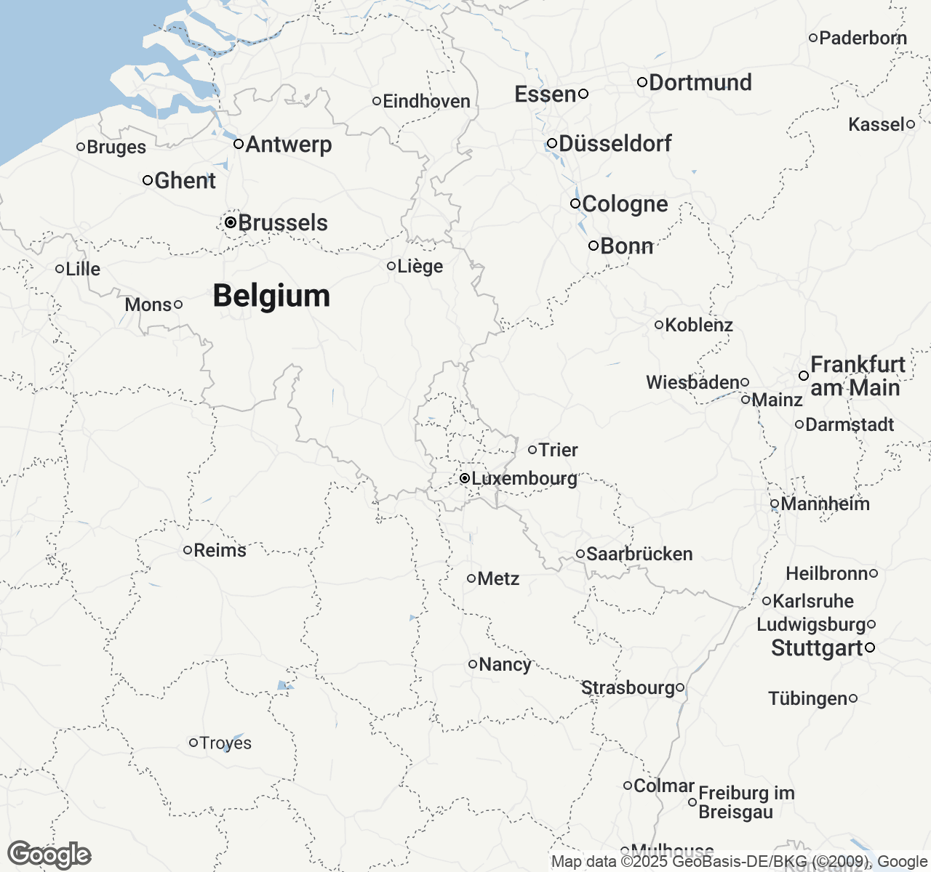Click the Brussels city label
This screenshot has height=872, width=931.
[x=283, y=222]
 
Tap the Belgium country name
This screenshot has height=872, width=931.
[x=271, y=296]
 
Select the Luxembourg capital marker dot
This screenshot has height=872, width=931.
[x=464, y=478]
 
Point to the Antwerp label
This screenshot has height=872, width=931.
[x=289, y=144]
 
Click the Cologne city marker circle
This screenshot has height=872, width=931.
[x=575, y=203]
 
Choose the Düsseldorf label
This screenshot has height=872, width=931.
[x=615, y=143]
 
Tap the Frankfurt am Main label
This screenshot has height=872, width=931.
[x=858, y=376]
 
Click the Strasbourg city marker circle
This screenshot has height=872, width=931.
[x=680, y=687]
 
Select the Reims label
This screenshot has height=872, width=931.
[x=220, y=550]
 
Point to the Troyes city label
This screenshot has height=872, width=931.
[x=225, y=743]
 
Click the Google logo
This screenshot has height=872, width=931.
[x=49, y=855]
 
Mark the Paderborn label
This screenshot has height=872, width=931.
[x=863, y=38]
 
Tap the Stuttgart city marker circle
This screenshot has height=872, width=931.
[x=870, y=647]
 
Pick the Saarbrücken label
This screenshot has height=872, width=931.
[x=639, y=554]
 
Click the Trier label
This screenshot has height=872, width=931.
[x=559, y=450]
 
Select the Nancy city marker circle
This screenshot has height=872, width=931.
[x=473, y=664]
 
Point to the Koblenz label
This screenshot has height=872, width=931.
[x=699, y=325]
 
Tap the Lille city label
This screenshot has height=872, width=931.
[x=83, y=269]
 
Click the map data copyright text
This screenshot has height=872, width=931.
[x=739, y=862]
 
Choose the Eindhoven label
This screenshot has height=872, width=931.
[x=426, y=101]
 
